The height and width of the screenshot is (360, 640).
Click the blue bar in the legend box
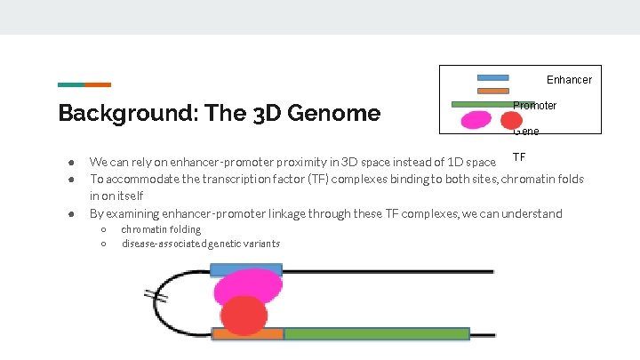click(x=492, y=78)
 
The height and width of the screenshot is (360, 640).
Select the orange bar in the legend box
click(x=492, y=91)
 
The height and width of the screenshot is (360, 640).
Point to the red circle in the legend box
click(x=511, y=120)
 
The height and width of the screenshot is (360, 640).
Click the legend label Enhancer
click(x=569, y=80)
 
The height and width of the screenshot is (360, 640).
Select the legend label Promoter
click(x=535, y=106)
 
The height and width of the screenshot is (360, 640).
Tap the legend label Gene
click(x=525, y=132)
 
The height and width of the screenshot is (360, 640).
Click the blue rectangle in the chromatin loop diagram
click(x=246, y=269)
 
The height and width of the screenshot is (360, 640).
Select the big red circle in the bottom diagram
click(x=244, y=315)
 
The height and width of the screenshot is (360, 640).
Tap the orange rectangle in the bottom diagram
click(x=248, y=334)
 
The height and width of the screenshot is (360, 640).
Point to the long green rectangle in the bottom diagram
click(x=376, y=334)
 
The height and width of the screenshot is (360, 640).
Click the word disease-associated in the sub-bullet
click(x=161, y=244)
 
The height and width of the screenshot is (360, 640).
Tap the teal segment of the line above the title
click(x=71, y=85)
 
